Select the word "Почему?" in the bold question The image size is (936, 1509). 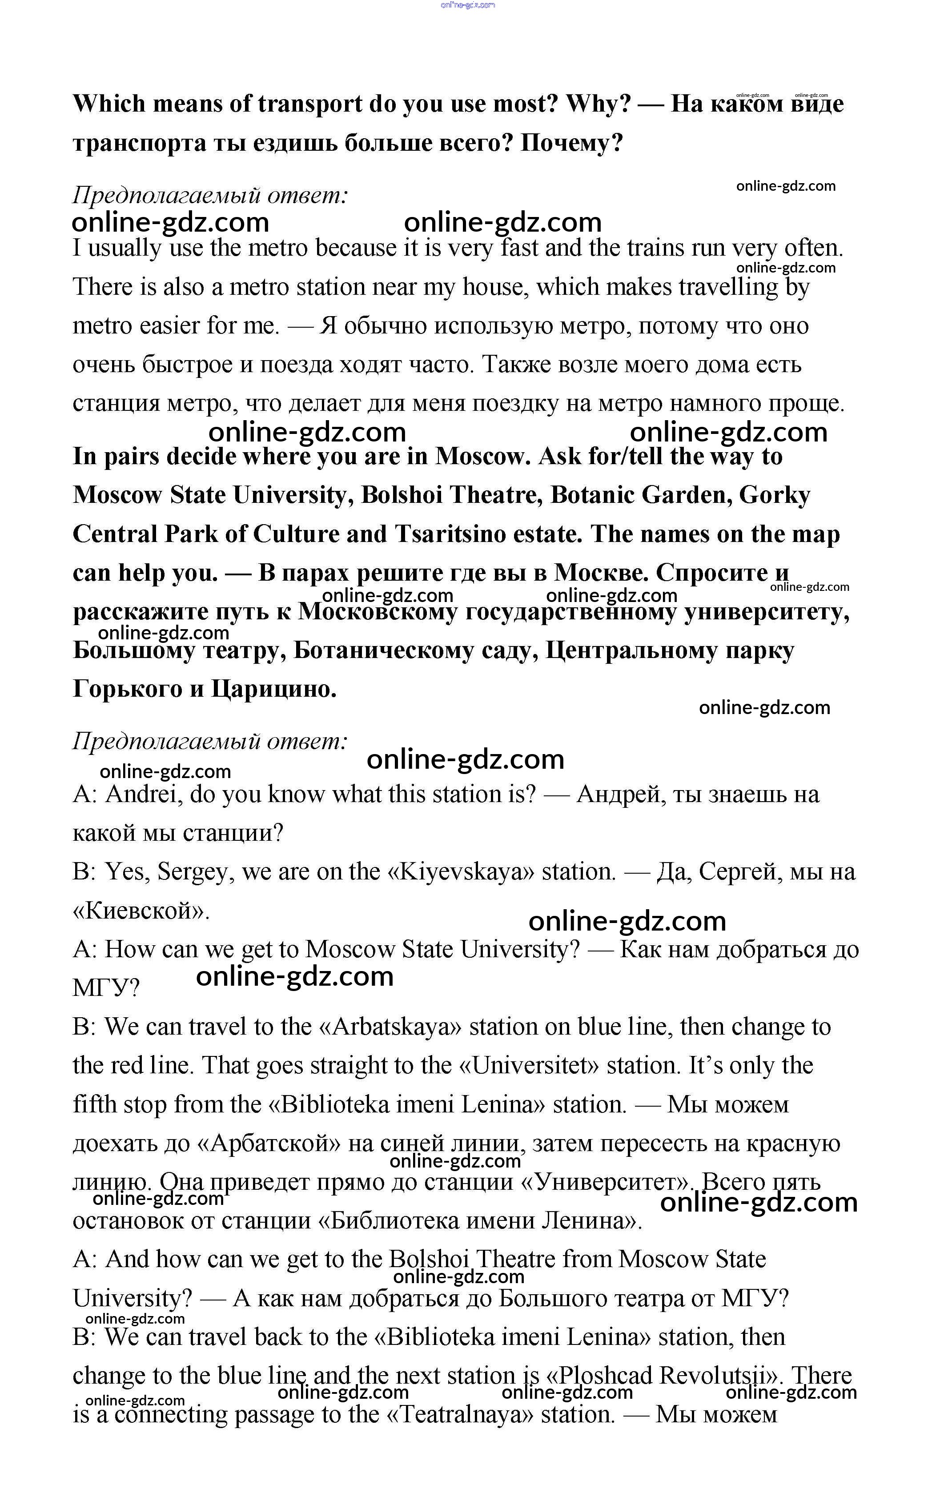coord(571,143)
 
